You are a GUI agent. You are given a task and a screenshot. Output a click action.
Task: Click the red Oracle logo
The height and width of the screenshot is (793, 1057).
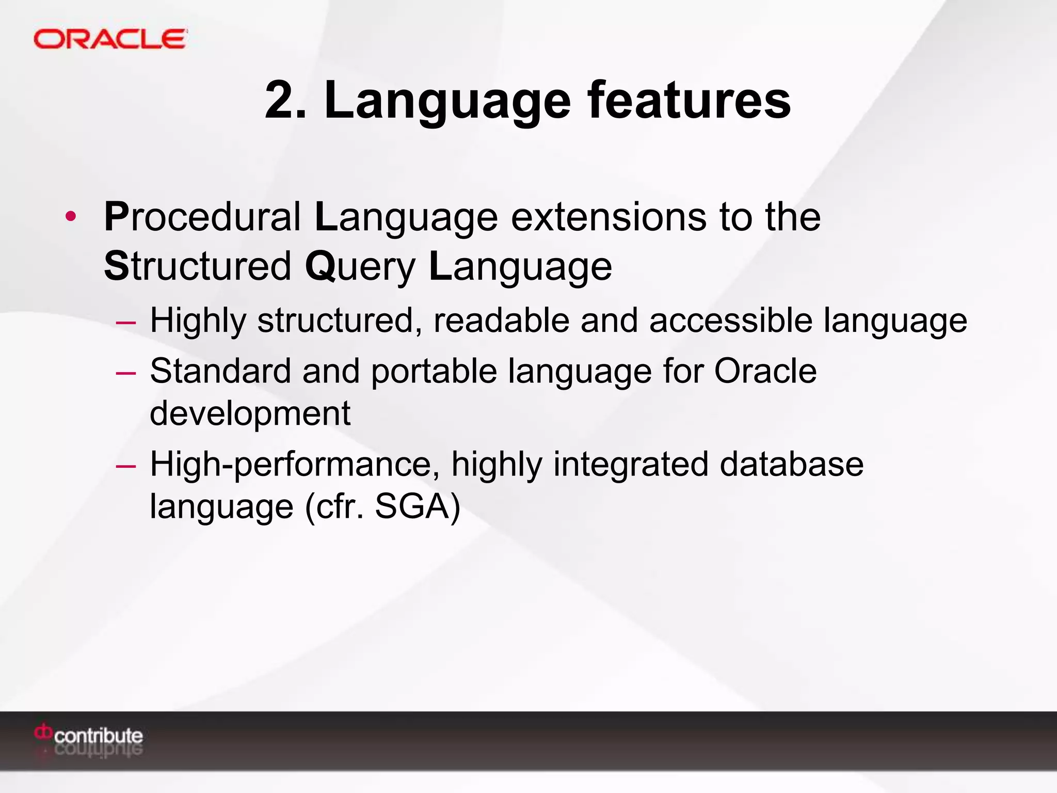click(110, 39)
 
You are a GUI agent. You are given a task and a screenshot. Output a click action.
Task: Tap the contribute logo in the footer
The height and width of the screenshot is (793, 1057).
click(89, 735)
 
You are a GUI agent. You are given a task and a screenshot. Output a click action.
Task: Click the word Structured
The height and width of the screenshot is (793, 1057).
click(198, 266)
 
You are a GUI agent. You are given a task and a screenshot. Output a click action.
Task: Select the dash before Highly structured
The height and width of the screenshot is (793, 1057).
click(126, 323)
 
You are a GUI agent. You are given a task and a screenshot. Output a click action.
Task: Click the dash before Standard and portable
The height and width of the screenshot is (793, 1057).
click(126, 373)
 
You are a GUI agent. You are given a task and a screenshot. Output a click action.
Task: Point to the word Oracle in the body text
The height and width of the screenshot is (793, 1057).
click(765, 371)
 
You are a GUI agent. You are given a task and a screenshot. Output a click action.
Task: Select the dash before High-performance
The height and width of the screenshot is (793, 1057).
click(126, 466)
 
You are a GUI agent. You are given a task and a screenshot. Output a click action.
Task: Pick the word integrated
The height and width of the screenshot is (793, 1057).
click(631, 464)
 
